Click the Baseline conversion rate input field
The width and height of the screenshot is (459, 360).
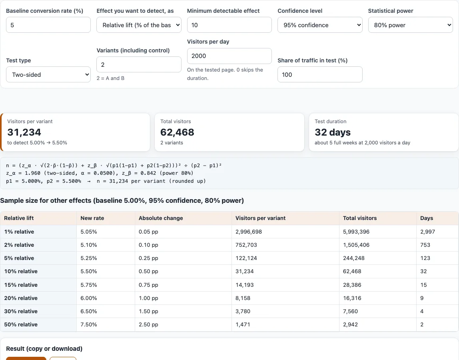click(48, 25)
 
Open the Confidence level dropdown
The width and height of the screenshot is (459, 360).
click(320, 25)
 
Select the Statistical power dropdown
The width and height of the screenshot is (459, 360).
click(410, 25)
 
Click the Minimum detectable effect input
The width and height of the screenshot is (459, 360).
click(229, 25)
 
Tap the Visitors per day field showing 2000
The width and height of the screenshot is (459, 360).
click(229, 56)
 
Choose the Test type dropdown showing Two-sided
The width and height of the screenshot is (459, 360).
click(48, 74)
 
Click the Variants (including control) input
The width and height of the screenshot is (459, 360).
click(139, 64)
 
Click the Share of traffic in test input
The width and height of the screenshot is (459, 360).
click(320, 74)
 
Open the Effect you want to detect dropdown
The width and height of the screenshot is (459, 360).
click(139, 25)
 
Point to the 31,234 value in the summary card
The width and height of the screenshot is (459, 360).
click(24, 132)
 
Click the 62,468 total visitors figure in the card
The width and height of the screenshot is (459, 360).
click(177, 132)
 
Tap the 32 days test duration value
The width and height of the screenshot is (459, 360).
click(333, 132)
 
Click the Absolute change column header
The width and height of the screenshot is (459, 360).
click(161, 218)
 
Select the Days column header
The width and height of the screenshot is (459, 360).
click(427, 218)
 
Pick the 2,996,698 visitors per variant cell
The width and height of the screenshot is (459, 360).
click(249, 232)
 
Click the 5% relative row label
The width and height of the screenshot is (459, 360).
click(19, 258)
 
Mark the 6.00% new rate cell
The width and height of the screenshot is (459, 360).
click(89, 298)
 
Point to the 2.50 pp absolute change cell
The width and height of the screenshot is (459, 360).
click(148, 324)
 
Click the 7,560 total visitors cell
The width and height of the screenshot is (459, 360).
click(350, 311)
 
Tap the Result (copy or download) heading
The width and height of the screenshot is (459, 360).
click(44, 348)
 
